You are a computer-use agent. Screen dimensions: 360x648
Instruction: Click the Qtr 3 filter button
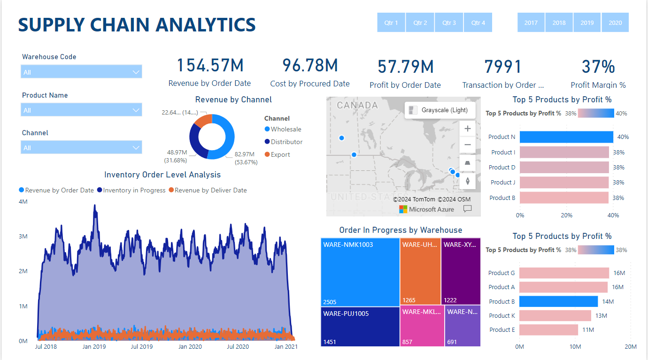point(449,23)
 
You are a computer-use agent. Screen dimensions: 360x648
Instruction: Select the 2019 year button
point(587,23)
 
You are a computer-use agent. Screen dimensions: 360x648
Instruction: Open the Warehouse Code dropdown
point(81,72)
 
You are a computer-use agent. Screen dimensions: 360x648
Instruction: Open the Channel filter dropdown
point(81,147)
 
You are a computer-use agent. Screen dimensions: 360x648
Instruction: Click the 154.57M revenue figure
point(210,66)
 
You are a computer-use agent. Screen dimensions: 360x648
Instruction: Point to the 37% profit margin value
point(598,67)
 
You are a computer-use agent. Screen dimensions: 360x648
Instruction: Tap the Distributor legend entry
point(286,142)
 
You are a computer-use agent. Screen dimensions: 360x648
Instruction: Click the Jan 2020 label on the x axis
point(190,347)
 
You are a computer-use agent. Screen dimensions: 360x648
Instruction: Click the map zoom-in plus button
point(468,128)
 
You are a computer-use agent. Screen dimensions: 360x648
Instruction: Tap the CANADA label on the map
point(357,105)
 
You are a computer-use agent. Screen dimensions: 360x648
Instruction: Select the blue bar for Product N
point(566,137)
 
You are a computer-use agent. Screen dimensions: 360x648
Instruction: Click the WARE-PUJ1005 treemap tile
point(360,327)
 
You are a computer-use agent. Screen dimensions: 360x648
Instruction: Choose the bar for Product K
point(555,315)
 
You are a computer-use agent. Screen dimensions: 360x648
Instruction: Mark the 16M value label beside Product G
point(618,273)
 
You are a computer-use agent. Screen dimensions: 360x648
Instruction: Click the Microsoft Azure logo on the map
point(426,209)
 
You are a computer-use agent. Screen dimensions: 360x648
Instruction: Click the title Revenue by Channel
point(233,100)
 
